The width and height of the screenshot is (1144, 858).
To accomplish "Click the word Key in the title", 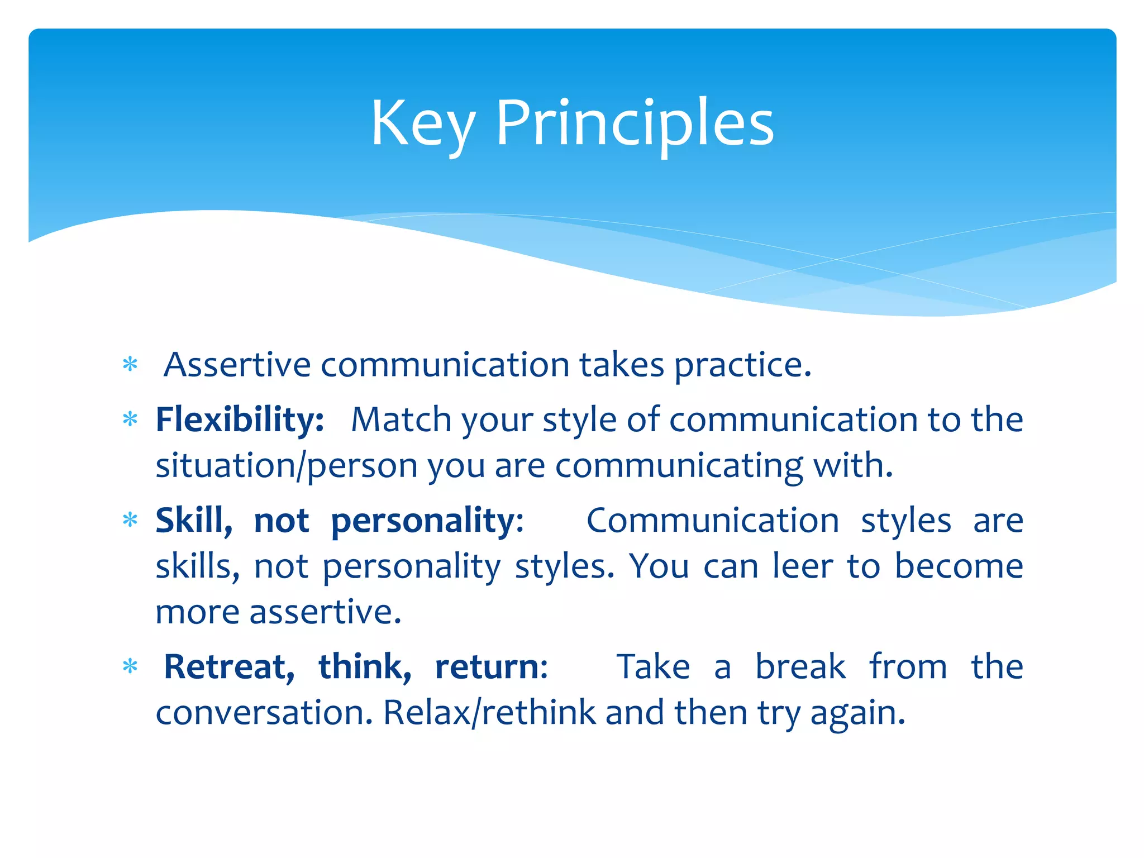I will (x=423, y=124).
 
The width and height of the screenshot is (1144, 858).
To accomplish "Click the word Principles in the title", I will (x=635, y=124).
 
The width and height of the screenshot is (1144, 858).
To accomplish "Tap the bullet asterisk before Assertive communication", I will (x=130, y=365).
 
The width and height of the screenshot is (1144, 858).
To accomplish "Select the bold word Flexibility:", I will (x=240, y=420).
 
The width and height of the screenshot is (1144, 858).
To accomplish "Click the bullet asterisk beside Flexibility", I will (x=130, y=420).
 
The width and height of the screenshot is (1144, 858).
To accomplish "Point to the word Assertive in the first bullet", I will (x=237, y=365).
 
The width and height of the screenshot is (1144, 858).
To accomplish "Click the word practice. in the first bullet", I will (x=742, y=366).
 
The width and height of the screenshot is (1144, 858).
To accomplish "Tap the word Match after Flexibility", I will (x=401, y=420).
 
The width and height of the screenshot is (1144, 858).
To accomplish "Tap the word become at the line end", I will (x=959, y=566).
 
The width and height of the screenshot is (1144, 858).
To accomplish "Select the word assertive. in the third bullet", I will (x=325, y=612).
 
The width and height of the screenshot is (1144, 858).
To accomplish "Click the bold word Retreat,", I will (x=229, y=667).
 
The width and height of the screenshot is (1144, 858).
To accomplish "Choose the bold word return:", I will (x=492, y=667).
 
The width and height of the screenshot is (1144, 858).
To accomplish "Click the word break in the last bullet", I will (x=800, y=667).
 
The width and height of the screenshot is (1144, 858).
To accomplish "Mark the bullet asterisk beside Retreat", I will (x=130, y=667).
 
